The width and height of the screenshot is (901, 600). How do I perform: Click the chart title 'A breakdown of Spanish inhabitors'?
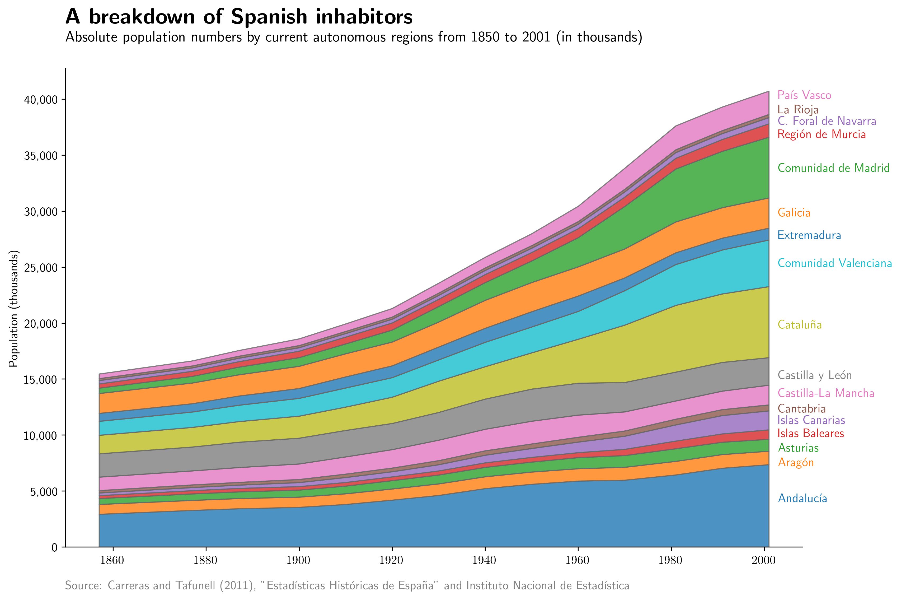[239, 17]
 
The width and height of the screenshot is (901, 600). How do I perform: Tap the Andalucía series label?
[802, 499]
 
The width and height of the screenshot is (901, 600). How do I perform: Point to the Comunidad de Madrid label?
[833, 168]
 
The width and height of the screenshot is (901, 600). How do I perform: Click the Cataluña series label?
[800, 325]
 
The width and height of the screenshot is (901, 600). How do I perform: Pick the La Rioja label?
[798, 110]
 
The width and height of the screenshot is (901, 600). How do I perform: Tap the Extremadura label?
[809, 235]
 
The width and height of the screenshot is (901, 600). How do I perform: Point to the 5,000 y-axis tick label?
[43, 492]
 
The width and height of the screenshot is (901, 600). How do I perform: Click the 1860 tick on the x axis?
[112, 561]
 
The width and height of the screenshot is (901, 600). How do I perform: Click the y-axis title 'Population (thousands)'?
[14, 309]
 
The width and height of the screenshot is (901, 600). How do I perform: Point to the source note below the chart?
[347, 586]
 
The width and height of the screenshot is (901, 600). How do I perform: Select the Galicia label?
[794, 213]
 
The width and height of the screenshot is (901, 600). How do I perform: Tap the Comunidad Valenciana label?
[834, 263]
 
